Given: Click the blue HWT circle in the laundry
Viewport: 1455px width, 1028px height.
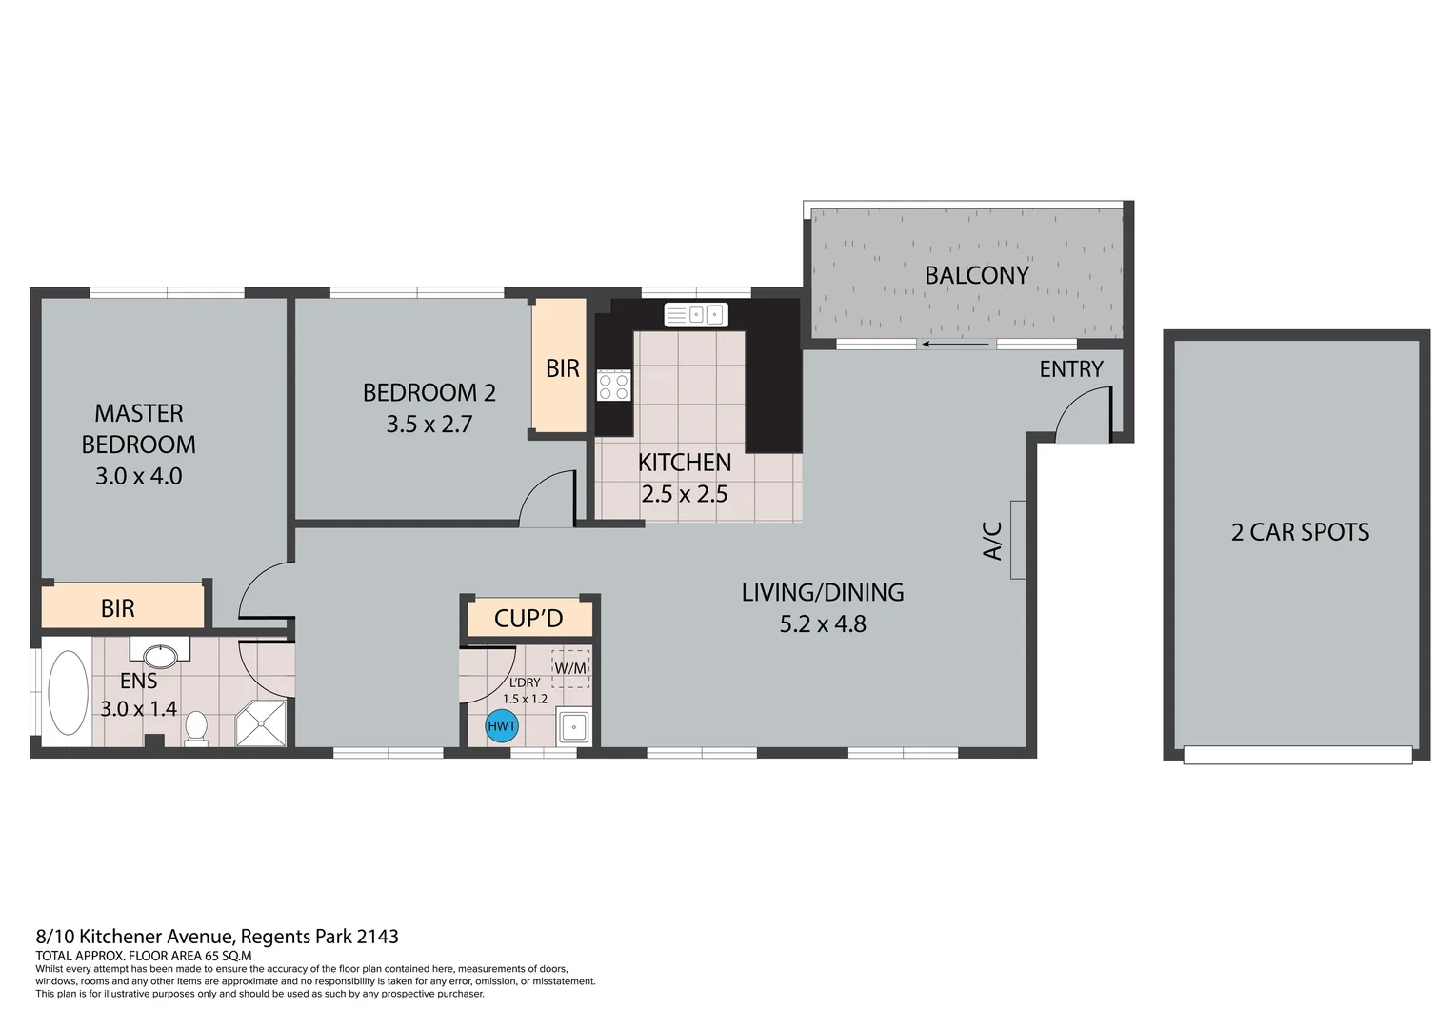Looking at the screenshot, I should pos(502,726).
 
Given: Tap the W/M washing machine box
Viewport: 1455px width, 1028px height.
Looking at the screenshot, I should pos(570,668).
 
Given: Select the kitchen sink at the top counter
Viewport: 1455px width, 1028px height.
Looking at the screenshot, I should pos(696,314).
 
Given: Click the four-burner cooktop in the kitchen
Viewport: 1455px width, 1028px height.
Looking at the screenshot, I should pos(613,385).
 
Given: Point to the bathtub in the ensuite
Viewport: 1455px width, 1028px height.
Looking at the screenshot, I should pos(68,692).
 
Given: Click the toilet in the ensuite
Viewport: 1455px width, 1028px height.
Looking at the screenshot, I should pos(196,727).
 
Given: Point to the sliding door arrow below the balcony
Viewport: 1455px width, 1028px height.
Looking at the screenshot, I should pos(956,345).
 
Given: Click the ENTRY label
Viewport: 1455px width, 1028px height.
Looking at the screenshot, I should pos(1070,369).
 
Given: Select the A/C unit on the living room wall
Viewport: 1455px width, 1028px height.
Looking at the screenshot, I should pos(1017,540).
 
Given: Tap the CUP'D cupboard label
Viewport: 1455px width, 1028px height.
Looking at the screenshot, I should pos(528,619).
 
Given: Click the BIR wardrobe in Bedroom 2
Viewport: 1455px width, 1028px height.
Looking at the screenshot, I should pos(560,367).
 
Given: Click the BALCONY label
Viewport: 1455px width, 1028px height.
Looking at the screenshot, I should pos(977,275).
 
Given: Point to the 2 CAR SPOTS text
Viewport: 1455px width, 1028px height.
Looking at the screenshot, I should pos(1300,532).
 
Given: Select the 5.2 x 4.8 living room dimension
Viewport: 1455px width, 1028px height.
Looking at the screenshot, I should pos(823,624).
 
